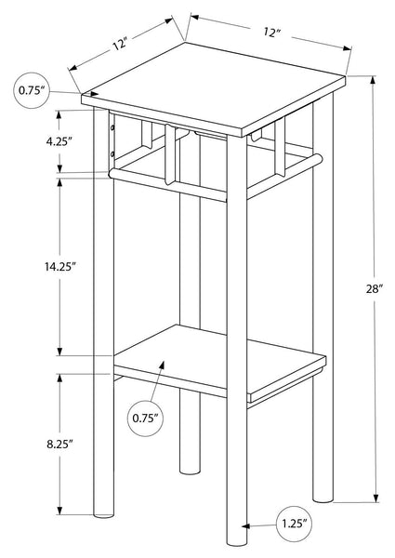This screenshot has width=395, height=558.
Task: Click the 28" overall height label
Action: (374, 289)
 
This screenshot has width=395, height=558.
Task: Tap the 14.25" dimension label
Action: (60, 267)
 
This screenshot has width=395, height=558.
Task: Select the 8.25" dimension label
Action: (59, 444)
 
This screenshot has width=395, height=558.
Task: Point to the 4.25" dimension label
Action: (59, 141)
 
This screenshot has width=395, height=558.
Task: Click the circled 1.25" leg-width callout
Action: (294, 524)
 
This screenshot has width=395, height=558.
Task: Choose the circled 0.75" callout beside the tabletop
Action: (32, 90)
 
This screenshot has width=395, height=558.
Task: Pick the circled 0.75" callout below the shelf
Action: (145, 418)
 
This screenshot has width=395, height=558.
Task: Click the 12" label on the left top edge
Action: (120, 45)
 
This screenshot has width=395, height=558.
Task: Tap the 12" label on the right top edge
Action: (271, 33)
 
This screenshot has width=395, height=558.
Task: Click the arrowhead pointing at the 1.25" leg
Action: (245, 526)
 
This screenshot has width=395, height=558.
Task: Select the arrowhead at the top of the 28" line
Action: (373, 80)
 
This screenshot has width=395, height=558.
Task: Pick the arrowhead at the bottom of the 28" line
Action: (375, 498)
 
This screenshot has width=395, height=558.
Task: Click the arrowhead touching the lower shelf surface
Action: (163, 365)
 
